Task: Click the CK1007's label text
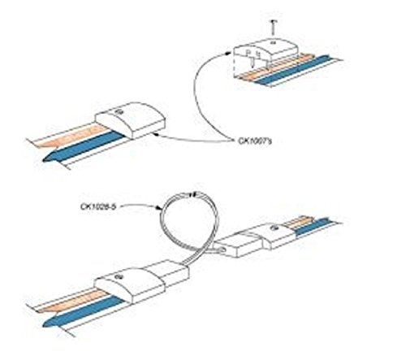coord(255,141)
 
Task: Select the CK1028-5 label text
coord(98,206)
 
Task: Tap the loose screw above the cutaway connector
coord(273,28)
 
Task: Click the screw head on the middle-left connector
coord(119,111)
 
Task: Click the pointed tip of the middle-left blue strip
coord(44,160)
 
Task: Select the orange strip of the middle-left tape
coord(71,135)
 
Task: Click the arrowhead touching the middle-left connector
coord(155,133)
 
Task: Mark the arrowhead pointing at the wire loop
coord(159,208)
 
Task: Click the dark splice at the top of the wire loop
coord(192,194)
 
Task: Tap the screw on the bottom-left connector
coord(118,276)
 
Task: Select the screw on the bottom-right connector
coord(274,228)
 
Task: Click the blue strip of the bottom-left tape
coord(84,310)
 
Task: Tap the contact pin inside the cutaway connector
coord(253,60)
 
